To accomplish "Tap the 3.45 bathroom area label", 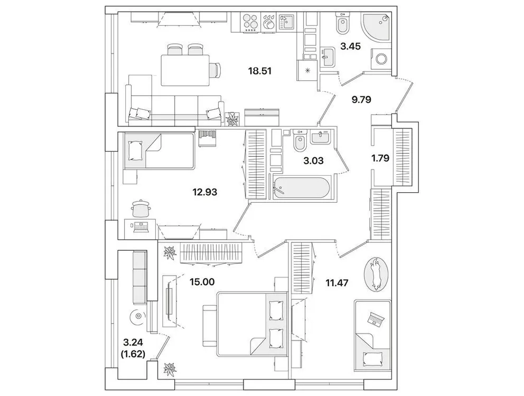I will click(350, 46).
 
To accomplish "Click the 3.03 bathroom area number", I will click(313, 161).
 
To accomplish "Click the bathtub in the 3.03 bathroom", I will click(302, 188).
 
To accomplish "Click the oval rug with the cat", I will click(376, 274).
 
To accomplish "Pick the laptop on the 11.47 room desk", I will click(376, 318).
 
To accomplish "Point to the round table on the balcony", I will click(138, 317).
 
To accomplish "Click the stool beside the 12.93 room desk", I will click(141, 208).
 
